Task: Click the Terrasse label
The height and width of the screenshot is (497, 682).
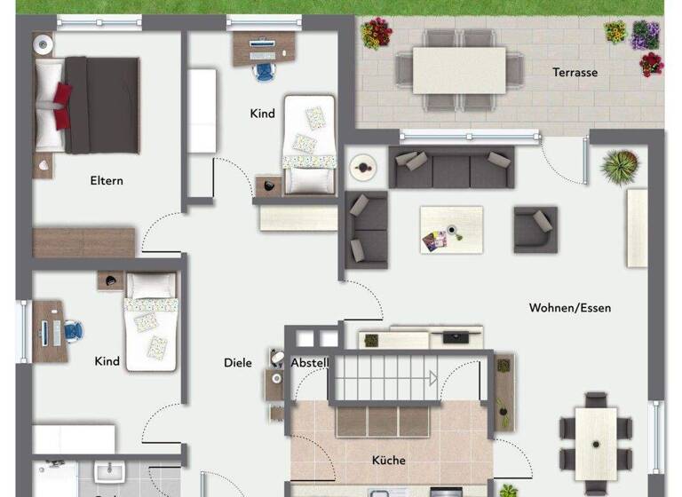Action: [575, 73]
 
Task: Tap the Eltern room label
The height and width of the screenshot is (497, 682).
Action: [107, 181]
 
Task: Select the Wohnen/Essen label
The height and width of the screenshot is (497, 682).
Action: [569, 308]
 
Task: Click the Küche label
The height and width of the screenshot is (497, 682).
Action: [389, 460]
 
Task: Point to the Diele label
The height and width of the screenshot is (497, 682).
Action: [237, 363]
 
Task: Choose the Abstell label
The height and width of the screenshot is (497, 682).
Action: [310, 363]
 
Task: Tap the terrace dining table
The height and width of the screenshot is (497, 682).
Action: [458, 70]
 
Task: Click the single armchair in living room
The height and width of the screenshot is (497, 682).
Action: [535, 230]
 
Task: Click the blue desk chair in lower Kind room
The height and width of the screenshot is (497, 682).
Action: [75, 331]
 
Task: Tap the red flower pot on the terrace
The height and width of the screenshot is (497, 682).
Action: [651, 65]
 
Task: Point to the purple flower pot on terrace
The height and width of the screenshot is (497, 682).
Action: [645, 35]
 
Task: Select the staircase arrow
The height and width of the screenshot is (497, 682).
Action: [432, 378]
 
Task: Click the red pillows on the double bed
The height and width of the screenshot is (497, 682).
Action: [61, 105]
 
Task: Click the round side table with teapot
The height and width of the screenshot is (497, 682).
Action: [362, 166]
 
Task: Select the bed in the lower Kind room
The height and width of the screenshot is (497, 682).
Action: [151, 320]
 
